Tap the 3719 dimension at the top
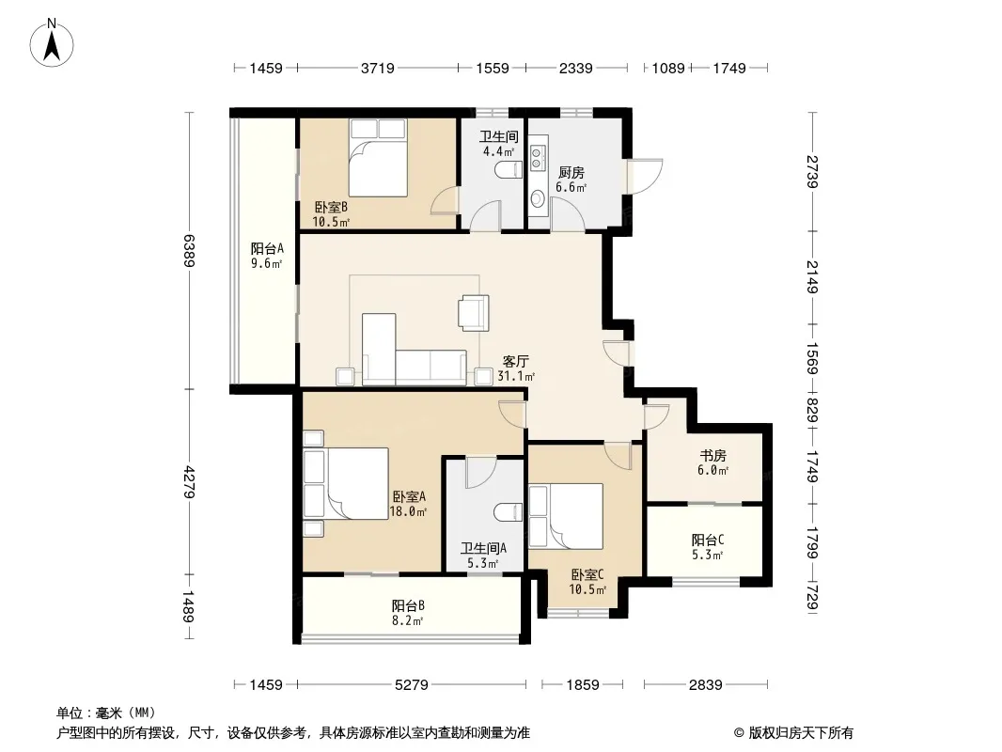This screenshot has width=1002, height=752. point(378,68)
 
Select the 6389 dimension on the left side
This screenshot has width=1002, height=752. point(190,250)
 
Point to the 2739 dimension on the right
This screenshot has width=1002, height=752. point(812,172)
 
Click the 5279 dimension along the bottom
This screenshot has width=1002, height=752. point(412,685)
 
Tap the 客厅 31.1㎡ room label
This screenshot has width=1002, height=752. point(516,368)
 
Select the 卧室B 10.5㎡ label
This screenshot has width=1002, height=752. point(331,214)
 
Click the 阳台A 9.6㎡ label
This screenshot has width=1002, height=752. point(266,256)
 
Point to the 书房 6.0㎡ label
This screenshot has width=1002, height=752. point(712,462)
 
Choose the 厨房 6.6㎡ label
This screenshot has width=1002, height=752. point(571,180)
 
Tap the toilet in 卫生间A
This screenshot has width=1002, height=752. point(509,512)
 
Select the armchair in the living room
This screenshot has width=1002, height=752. point(474,312)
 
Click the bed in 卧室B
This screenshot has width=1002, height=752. point(378,158)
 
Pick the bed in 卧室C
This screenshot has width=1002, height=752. point(566,516)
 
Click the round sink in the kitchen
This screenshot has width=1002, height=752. point(538,199)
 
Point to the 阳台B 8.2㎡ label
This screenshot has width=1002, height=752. point(408,612)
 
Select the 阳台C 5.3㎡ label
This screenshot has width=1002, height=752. point(708,547)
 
